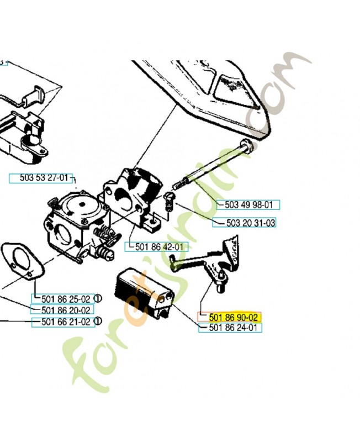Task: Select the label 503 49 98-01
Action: click(x=248, y=205)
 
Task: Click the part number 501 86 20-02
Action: click(x=62, y=310)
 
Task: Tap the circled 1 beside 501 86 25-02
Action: click(x=97, y=299)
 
